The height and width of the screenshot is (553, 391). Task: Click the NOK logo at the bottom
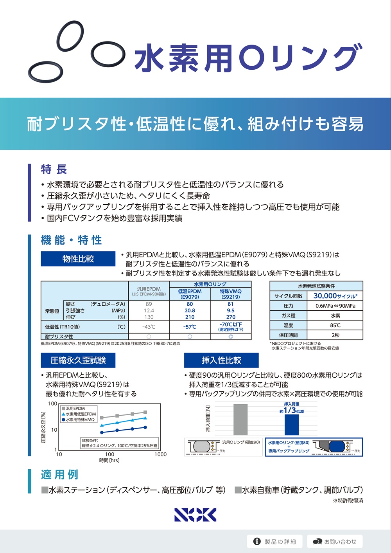click(195, 515)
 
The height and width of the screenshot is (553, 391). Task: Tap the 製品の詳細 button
click(275, 542)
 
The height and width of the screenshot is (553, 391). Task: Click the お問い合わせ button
click(335, 542)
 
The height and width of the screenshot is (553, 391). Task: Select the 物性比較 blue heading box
click(78, 259)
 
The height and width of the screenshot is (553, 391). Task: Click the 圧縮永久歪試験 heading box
click(78, 360)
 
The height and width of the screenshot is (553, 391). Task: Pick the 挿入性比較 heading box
click(221, 360)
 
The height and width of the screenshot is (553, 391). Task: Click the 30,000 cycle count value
click(335, 296)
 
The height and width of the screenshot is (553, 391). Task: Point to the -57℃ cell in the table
click(190, 327)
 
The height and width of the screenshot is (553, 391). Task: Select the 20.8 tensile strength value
click(190, 310)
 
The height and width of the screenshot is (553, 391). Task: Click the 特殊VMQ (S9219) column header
click(231, 294)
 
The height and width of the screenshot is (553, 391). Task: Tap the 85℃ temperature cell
click(335, 325)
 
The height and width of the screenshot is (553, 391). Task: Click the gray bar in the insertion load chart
click(240, 420)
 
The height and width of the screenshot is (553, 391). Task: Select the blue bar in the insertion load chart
click(291, 425)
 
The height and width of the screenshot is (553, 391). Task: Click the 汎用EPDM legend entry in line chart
click(75, 409)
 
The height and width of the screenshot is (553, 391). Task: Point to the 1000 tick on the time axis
click(160, 454)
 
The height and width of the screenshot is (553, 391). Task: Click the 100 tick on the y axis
click(52, 403)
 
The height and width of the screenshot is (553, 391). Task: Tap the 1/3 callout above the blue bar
click(291, 410)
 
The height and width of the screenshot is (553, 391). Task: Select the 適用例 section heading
click(59, 475)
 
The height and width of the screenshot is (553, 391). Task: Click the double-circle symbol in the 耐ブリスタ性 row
click(231, 337)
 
